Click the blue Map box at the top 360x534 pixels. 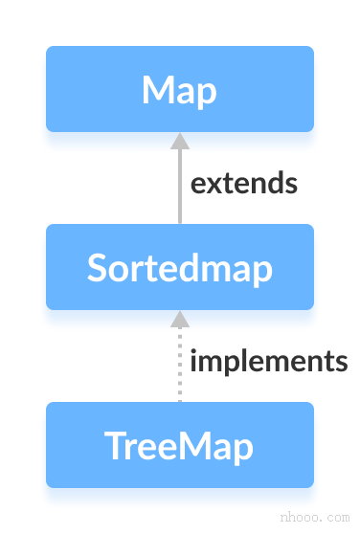pyautogui.click(x=179, y=89)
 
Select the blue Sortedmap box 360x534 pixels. pyautogui.click(x=179, y=267)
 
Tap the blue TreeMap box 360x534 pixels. pyautogui.click(x=179, y=445)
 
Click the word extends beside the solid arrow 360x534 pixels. pyautogui.click(x=243, y=183)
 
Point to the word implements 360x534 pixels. pyautogui.click(x=267, y=362)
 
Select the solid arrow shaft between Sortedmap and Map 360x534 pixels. pyautogui.click(x=179, y=187)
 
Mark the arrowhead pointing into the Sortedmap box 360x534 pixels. pyautogui.click(x=179, y=320)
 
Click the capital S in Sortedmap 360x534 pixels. pyautogui.click(x=97, y=268)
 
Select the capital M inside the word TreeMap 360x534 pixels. pyautogui.click(x=199, y=446)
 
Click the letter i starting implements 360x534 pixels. pyautogui.click(x=193, y=361)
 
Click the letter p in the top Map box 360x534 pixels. pyautogui.click(x=205, y=94)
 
